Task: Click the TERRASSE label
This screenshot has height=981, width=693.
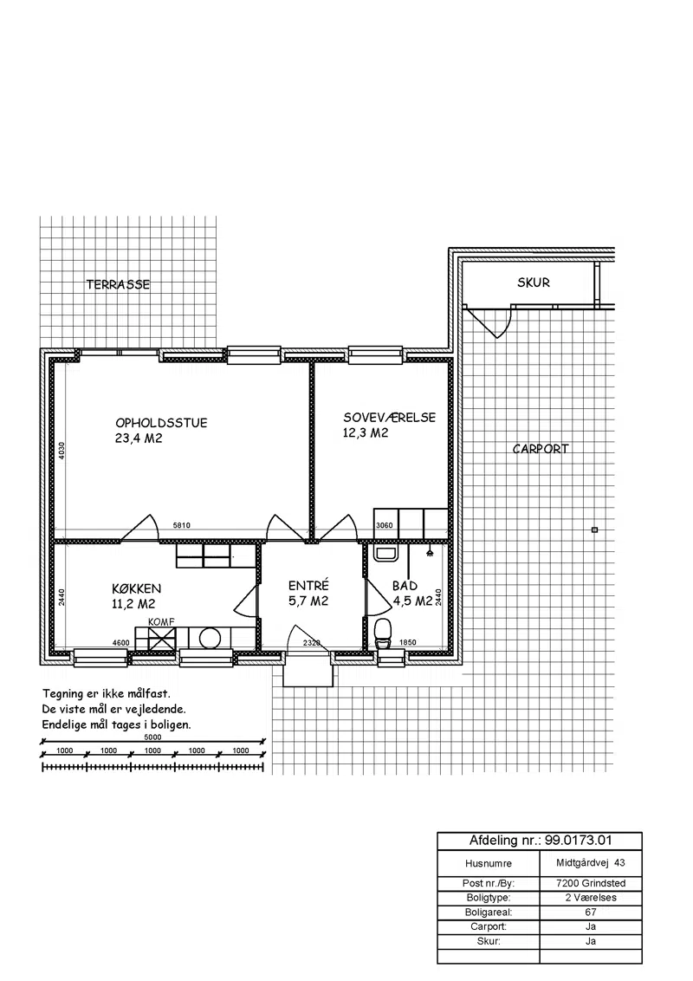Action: click(x=118, y=284)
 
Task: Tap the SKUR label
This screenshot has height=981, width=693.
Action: click(x=534, y=283)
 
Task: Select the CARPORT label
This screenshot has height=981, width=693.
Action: click(x=541, y=449)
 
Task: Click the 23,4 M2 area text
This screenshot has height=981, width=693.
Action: click(x=139, y=439)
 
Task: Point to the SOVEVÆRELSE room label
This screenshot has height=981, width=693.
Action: click(x=389, y=418)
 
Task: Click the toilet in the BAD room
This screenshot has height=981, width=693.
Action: click(x=382, y=632)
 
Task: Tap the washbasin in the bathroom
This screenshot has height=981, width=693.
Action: click(x=385, y=552)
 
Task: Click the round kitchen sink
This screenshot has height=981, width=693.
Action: click(x=210, y=639)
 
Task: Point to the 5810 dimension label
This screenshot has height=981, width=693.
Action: click(x=182, y=525)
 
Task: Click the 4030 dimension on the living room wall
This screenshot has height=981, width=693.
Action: click(x=62, y=452)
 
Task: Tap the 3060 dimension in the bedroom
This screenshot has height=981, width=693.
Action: click(x=384, y=525)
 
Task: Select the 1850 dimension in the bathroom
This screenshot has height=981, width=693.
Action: click(x=408, y=642)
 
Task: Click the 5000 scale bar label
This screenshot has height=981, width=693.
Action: click(x=152, y=737)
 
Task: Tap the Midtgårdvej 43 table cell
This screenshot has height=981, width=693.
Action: click(x=591, y=863)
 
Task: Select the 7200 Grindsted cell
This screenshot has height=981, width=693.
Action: click(x=591, y=883)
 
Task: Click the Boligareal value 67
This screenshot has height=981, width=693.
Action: click(x=591, y=913)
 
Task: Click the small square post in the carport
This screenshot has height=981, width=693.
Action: click(x=594, y=529)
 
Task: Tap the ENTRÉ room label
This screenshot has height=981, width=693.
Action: click(x=308, y=586)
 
